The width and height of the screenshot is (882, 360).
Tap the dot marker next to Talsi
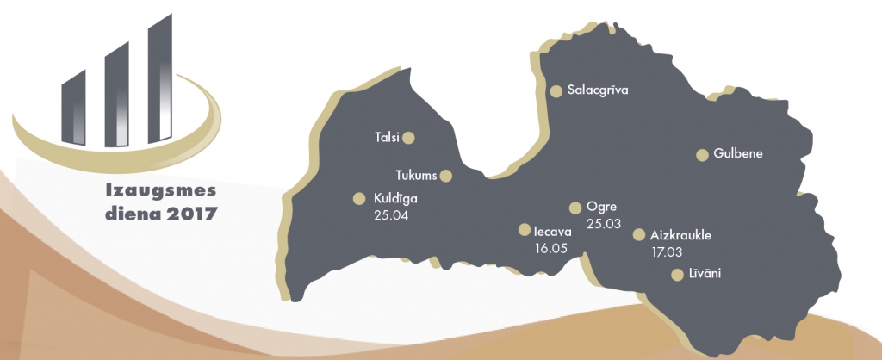409,137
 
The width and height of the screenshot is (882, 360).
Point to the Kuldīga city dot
359,198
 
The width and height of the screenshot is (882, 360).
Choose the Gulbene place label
739,154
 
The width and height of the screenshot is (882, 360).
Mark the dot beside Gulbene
702,155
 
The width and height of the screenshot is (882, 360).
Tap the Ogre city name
601,207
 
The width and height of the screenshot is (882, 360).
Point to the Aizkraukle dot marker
639,234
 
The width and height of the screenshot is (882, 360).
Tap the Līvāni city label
705,274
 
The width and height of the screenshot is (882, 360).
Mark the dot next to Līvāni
676,275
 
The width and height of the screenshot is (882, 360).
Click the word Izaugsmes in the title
158,189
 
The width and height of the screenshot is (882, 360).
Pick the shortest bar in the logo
74,108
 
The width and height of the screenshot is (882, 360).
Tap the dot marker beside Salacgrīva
556,90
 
